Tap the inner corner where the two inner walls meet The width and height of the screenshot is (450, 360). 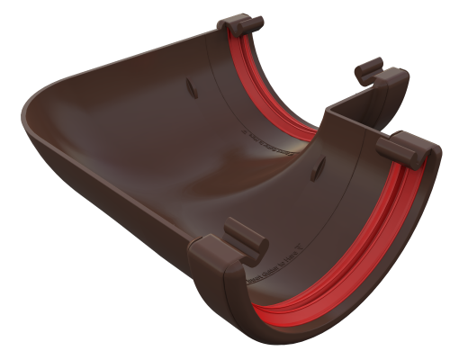tap(325, 117)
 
